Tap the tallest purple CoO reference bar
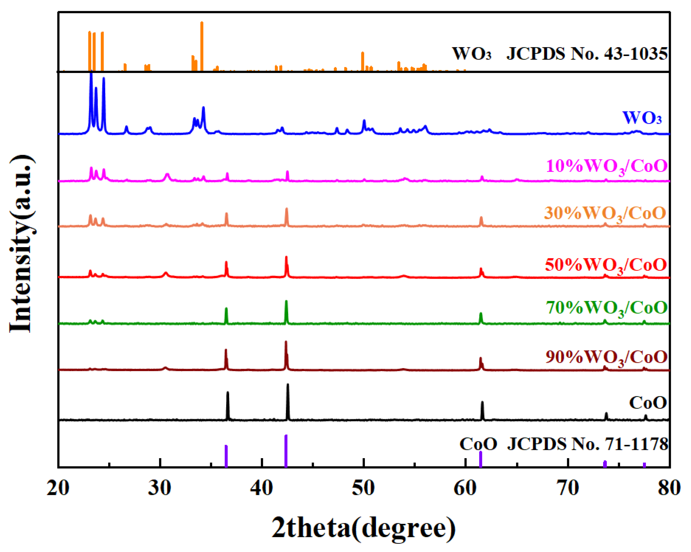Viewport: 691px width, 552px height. [286, 451]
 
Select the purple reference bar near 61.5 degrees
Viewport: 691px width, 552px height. [480, 460]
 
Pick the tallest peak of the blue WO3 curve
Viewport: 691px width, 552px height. [91, 77]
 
